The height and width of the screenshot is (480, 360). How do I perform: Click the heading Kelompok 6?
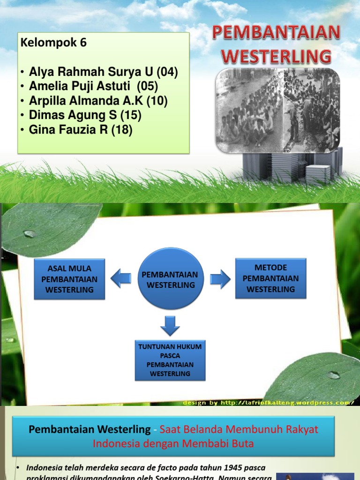tap(53, 43)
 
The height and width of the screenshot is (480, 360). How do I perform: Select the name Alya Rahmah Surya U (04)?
tap(103, 72)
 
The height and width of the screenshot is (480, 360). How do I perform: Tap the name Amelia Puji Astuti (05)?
tap(93, 86)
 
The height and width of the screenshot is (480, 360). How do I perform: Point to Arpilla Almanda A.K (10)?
tap(98, 101)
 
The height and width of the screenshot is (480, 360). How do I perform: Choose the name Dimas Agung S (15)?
tap(85, 115)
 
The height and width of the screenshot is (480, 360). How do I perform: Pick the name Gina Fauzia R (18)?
tap(81, 129)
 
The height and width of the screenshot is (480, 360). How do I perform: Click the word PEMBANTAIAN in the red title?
tap(276, 33)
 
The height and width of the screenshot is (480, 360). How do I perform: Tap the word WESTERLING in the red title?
tap(276, 57)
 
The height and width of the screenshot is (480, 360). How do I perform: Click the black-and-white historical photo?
tap(277, 111)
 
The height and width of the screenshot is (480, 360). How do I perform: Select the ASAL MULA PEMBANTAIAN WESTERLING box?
tap(69, 279)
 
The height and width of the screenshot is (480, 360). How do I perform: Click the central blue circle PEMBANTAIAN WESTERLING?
tap(170, 279)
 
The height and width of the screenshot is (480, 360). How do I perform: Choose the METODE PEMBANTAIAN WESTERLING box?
tap(270, 278)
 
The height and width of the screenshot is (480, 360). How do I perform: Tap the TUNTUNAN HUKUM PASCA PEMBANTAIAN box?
tap(170, 360)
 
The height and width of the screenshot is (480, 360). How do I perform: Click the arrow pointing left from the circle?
tap(121, 279)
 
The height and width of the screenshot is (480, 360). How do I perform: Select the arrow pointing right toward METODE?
tap(220, 279)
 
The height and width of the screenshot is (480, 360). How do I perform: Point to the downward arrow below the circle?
tap(170, 325)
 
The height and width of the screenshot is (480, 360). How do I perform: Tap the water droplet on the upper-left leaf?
tap(30, 233)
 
